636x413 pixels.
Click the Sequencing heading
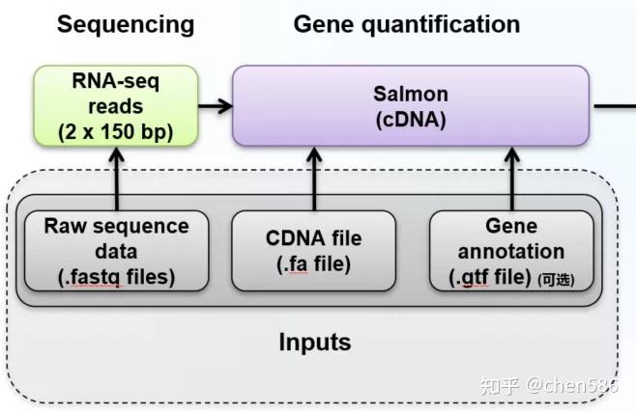coord(126,24)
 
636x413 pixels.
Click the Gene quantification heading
coord(406,24)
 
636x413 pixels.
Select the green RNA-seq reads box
coord(116,106)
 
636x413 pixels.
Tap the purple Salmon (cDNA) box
coord(411,106)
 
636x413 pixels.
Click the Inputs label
coord(314,343)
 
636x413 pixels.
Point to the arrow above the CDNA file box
coord(314,179)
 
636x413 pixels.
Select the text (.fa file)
coord(314,263)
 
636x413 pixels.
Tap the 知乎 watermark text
coord(500,387)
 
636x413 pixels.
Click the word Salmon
coord(411,95)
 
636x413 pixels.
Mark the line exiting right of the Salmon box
coord(611,106)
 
